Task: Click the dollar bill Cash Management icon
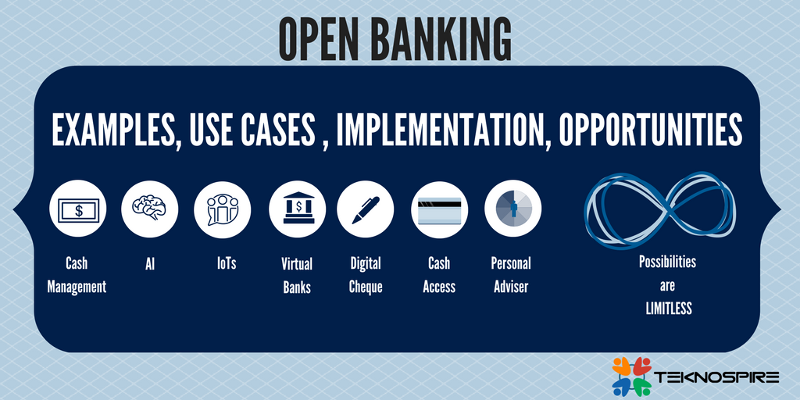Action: tap(77, 209)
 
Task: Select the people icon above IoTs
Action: tap(223, 209)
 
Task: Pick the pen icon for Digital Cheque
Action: tap(365, 209)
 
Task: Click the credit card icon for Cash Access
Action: tap(439, 209)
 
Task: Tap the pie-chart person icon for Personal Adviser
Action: tap(512, 209)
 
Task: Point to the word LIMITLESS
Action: tap(668, 308)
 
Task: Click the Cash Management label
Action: tap(77, 275)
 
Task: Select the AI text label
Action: tap(150, 264)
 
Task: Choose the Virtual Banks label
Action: tap(297, 275)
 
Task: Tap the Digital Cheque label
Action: tap(366, 275)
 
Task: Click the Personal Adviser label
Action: tap(511, 275)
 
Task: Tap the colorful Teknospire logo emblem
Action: tap(631, 375)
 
